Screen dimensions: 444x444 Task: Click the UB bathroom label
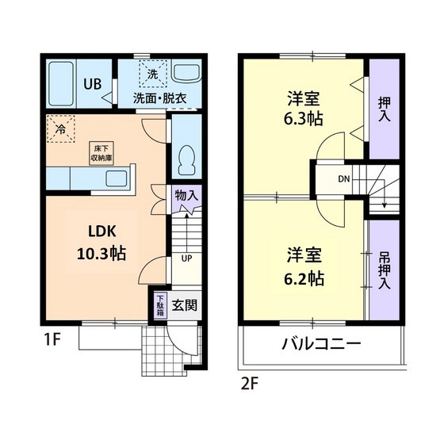pyautogui.click(x=92, y=85)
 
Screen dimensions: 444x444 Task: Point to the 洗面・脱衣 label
pyautogui.click(x=159, y=98)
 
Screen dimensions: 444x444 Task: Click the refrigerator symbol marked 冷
pyautogui.click(x=59, y=128)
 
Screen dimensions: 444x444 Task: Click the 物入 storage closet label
pyautogui.click(x=186, y=195)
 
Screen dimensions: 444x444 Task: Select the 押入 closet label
pyautogui.click(x=384, y=109)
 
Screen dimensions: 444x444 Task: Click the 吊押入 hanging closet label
pyautogui.click(x=384, y=270)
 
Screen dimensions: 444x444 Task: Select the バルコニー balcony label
pyautogui.click(x=321, y=345)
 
